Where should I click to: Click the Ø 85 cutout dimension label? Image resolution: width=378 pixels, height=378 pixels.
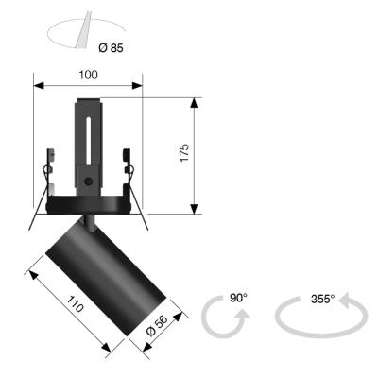click(x=111, y=48)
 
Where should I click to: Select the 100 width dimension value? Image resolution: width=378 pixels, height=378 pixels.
click(x=88, y=75)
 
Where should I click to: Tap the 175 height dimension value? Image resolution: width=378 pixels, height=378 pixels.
click(x=184, y=153)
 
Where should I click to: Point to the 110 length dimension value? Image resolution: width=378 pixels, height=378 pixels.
click(x=76, y=303)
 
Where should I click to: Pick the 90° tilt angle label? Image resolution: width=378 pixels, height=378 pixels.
click(x=238, y=298)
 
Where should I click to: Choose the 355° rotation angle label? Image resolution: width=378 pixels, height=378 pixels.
click(x=322, y=299)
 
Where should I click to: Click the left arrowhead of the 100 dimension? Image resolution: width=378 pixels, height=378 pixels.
click(x=39, y=85)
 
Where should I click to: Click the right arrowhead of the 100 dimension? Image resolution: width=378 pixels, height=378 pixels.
click(x=137, y=85)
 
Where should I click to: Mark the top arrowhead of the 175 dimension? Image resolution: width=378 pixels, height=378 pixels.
click(x=195, y=103)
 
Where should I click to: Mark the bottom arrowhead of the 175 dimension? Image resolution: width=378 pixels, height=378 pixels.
click(x=195, y=209)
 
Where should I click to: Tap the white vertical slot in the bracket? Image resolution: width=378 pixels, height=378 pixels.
click(x=89, y=141)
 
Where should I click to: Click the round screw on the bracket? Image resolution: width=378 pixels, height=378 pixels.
click(x=88, y=181)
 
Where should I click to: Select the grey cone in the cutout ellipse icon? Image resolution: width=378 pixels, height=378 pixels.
click(x=83, y=30)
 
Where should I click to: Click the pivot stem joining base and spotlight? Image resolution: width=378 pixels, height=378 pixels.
click(x=89, y=223)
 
